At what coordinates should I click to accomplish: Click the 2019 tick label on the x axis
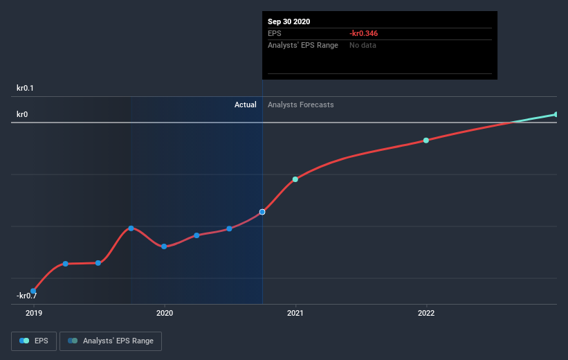[33, 313]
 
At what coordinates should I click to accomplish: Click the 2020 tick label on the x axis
[165, 313]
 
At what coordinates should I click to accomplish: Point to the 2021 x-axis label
[295, 313]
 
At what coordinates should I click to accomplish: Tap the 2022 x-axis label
[426, 313]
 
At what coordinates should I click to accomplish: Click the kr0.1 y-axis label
[26, 88]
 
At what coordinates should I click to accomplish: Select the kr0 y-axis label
[22, 114]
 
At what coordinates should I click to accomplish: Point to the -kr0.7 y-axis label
[26, 296]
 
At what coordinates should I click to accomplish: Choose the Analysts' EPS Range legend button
[111, 341]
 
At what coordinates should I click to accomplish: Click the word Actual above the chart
[245, 105]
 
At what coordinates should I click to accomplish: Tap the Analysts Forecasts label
[300, 105]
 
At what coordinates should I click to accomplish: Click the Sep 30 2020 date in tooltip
[289, 21]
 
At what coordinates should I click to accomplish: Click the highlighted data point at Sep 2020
[262, 212]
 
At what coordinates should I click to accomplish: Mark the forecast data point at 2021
[295, 179]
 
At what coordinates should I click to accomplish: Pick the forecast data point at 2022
[426, 141]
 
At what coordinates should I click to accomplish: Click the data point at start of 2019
[33, 291]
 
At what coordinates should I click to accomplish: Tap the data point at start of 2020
[164, 246]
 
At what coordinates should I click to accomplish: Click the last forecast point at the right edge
[556, 114]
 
